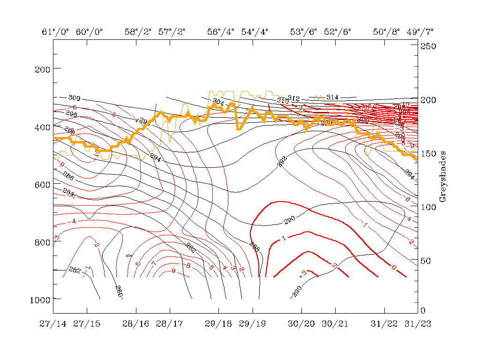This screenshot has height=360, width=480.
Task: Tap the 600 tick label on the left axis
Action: [42, 185]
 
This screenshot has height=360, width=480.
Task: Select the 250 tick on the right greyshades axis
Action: [427, 46]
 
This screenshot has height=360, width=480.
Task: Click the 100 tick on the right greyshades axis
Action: [427, 207]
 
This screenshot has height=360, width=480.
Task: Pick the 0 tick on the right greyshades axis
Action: [423, 310]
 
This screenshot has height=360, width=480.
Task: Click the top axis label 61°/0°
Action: [55, 32]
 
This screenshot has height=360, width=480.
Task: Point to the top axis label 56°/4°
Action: [221, 32]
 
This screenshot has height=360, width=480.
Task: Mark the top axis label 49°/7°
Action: [420, 32]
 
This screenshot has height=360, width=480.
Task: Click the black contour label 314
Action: [332, 97]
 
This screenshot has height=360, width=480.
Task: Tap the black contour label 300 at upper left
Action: [74, 98]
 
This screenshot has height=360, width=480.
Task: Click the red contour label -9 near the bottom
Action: [173, 270]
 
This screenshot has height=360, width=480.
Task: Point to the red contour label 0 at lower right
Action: [394, 267]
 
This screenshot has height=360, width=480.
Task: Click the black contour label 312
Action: [293, 98]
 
